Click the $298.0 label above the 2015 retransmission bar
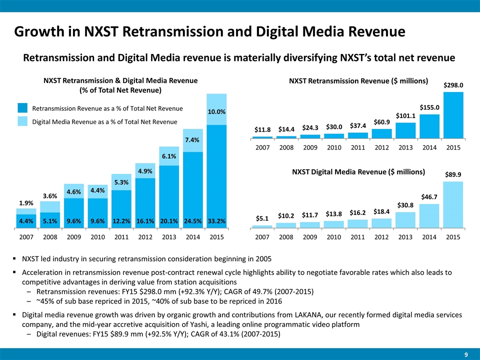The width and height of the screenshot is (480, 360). click(453, 85)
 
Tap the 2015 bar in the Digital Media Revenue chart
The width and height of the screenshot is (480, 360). click(453, 204)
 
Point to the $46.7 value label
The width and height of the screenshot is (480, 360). click(429, 197)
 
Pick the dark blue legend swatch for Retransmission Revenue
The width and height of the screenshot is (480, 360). click(22, 108)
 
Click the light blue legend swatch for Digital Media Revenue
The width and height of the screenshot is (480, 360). click(22, 121)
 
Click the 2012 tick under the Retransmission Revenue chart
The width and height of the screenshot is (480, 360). click(382, 148)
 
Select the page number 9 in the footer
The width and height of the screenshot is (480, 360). click(466, 354)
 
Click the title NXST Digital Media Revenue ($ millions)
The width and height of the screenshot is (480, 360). click(358, 172)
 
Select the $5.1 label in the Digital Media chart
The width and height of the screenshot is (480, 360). click(262, 218)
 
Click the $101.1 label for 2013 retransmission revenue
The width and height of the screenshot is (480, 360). click(405, 116)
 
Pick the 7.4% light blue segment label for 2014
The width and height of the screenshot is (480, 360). click(192, 141)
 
